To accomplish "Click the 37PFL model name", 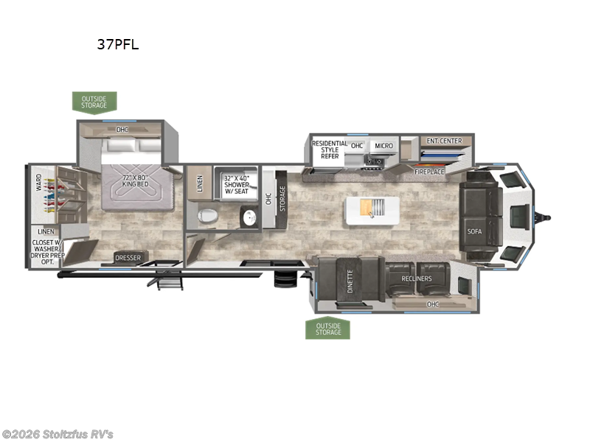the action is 118,44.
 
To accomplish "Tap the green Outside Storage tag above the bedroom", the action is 94,102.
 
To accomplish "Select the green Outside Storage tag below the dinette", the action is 327,329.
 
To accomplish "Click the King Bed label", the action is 135,180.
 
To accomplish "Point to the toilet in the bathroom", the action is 208,216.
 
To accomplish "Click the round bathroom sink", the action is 249,217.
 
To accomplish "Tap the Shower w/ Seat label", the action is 237,185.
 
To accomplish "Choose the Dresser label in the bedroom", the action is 128,258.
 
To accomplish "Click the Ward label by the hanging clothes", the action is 39,182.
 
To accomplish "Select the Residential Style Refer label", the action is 330,150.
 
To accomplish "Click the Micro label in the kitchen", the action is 383,146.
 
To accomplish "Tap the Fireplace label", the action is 429,172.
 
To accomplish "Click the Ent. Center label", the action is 444,141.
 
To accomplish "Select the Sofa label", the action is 474,231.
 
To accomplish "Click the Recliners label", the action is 417,278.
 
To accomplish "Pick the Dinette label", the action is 350,281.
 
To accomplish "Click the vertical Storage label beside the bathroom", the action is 282,198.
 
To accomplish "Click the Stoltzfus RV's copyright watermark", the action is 58,435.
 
